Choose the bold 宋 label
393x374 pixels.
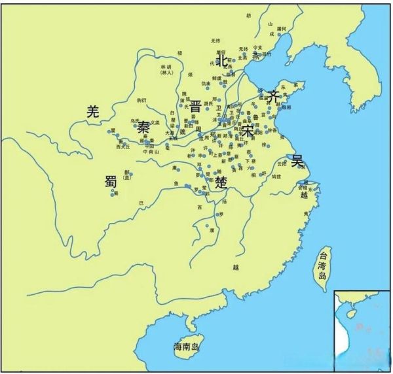[248, 130]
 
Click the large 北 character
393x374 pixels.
[222, 60]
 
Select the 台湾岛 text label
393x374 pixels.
[322, 265]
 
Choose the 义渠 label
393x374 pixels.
[155, 122]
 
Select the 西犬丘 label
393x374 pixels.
[123, 147]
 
